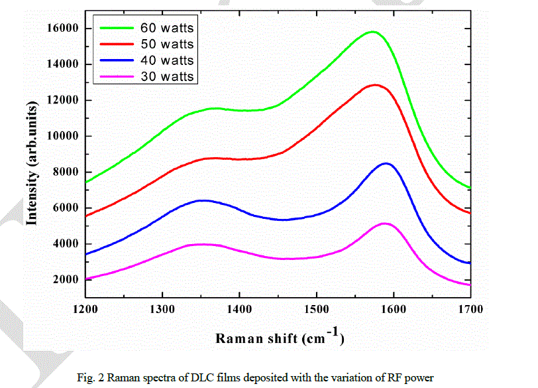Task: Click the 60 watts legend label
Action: tap(167, 28)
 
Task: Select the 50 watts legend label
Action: tap(167, 44)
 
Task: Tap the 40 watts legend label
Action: tap(167, 60)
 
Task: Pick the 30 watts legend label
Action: tap(167, 76)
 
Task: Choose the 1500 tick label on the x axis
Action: tap(316, 309)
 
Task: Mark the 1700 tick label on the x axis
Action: tap(470, 309)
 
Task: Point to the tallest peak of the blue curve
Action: tap(386, 163)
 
